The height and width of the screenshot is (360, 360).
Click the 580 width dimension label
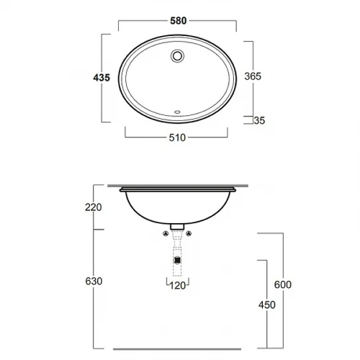coord(179,21)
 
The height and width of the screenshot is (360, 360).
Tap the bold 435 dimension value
coord(102,78)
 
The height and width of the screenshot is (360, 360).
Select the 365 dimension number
coord(253,76)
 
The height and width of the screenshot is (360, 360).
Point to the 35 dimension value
coord(259,120)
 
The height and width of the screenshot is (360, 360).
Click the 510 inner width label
coord(177,138)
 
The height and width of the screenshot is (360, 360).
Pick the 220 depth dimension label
coord(94,207)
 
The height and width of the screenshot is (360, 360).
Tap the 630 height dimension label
coord(94,281)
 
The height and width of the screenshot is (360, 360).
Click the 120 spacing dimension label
coord(178,286)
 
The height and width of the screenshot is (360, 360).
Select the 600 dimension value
coord(283,284)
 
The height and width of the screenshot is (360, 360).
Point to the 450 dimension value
coord(267,305)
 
